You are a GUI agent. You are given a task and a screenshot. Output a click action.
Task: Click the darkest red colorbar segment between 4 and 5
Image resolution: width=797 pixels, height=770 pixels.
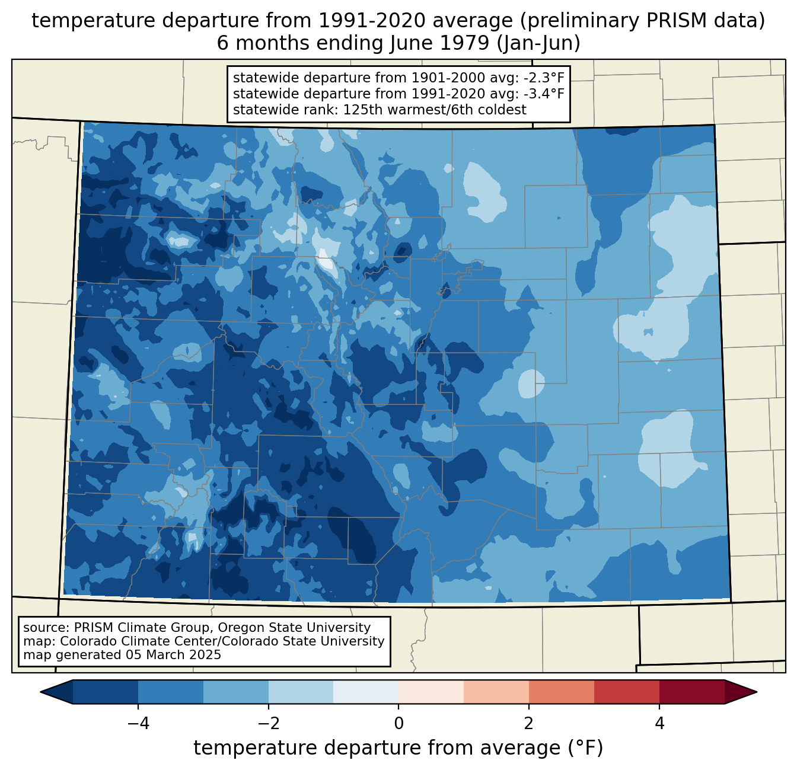pyautogui.click(x=691, y=692)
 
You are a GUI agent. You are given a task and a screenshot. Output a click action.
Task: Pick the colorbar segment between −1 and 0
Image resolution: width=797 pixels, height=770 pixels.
pyautogui.click(x=366, y=692)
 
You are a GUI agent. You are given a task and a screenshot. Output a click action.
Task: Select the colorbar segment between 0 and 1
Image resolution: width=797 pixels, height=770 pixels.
pyautogui.click(x=431, y=692)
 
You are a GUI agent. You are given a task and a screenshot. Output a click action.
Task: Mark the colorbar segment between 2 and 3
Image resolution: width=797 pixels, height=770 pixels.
pyautogui.click(x=562, y=692)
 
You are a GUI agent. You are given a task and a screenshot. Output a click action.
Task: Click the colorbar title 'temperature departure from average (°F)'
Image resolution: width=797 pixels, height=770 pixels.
pyautogui.click(x=398, y=748)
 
